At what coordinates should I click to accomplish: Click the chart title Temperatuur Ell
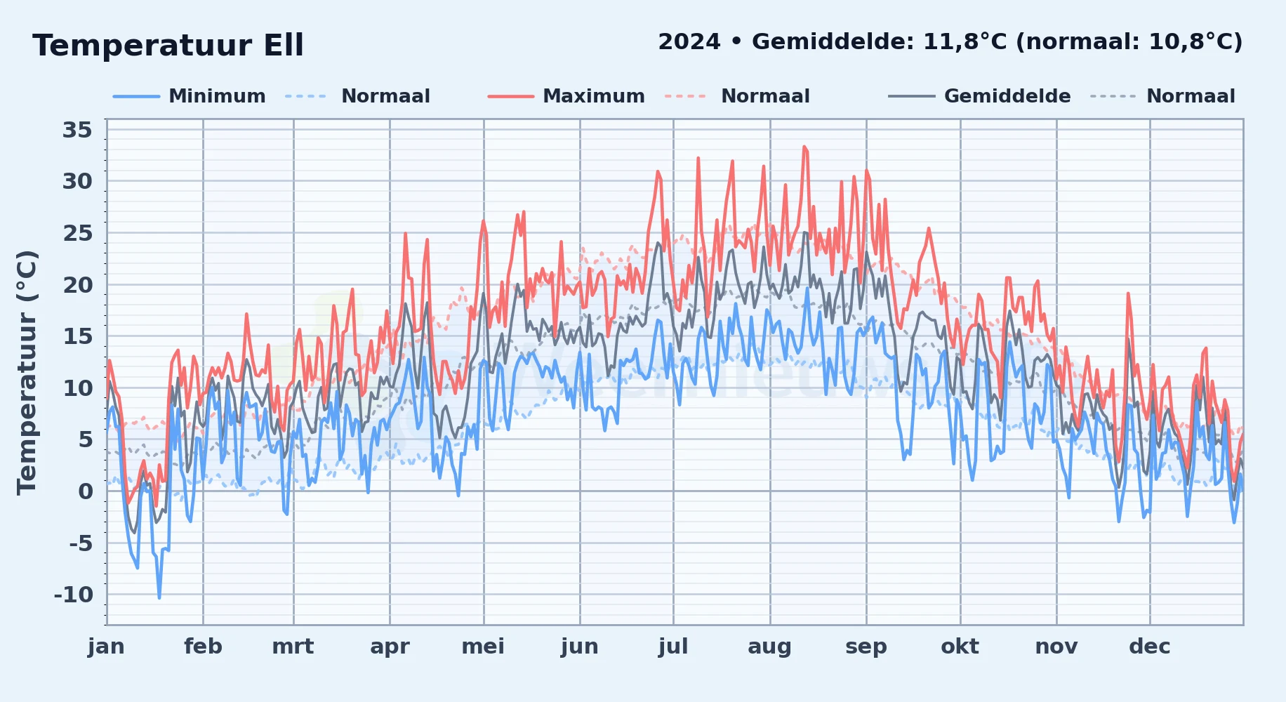pyautogui.click(x=168, y=46)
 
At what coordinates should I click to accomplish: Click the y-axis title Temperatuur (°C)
pyautogui.click(x=27, y=373)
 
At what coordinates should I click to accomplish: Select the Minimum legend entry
pyautogui.click(x=190, y=96)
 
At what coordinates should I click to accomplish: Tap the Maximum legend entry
pyautogui.click(x=566, y=96)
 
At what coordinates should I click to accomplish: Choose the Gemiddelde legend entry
pyautogui.click(x=980, y=96)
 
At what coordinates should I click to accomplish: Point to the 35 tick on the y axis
pyautogui.click(x=77, y=130)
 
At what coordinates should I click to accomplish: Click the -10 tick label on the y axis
pyautogui.click(x=74, y=595)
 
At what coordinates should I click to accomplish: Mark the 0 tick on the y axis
pyautogui.click(x=86, y=491)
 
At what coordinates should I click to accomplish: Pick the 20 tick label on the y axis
pyautogui.click(x=77, y=285)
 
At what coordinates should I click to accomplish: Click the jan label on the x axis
pyautogui.click(x=106, y=647)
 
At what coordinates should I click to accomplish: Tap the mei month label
pyautogui.click(x=483, y=647)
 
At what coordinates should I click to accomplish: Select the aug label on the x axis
pyautogui.click(x=769, y=647)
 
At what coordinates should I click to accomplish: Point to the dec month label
pyautogui.click(x=1150, y=647)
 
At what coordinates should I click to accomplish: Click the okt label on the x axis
pyautogui.click(x=960, y=647)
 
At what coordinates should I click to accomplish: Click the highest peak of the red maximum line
pyautogui.click(x=804, y=147)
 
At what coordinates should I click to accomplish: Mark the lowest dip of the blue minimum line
pyautogui.click(x=159, y=598)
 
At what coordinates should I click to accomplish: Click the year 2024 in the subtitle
pyautogui.click(x=689, y=42)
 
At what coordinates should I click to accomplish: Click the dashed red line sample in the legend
pyautogui.click(x=685, y=96)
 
